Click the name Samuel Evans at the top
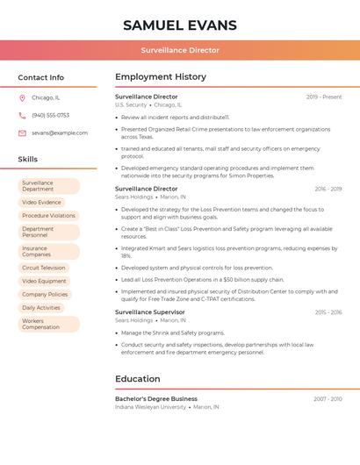180,25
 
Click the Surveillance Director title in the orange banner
180,50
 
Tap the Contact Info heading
41,77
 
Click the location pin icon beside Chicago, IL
22,97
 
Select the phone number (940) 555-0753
50,115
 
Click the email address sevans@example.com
60,132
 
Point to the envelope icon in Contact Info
22,132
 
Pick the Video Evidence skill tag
42,203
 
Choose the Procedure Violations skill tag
48,216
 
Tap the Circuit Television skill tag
44,268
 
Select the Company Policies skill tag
45,295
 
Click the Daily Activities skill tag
41,308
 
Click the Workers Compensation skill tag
41,325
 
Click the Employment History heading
161,76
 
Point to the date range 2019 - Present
324,97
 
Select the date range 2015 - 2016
328,312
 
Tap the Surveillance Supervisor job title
150,312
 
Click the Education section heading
138,379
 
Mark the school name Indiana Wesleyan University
151,407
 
